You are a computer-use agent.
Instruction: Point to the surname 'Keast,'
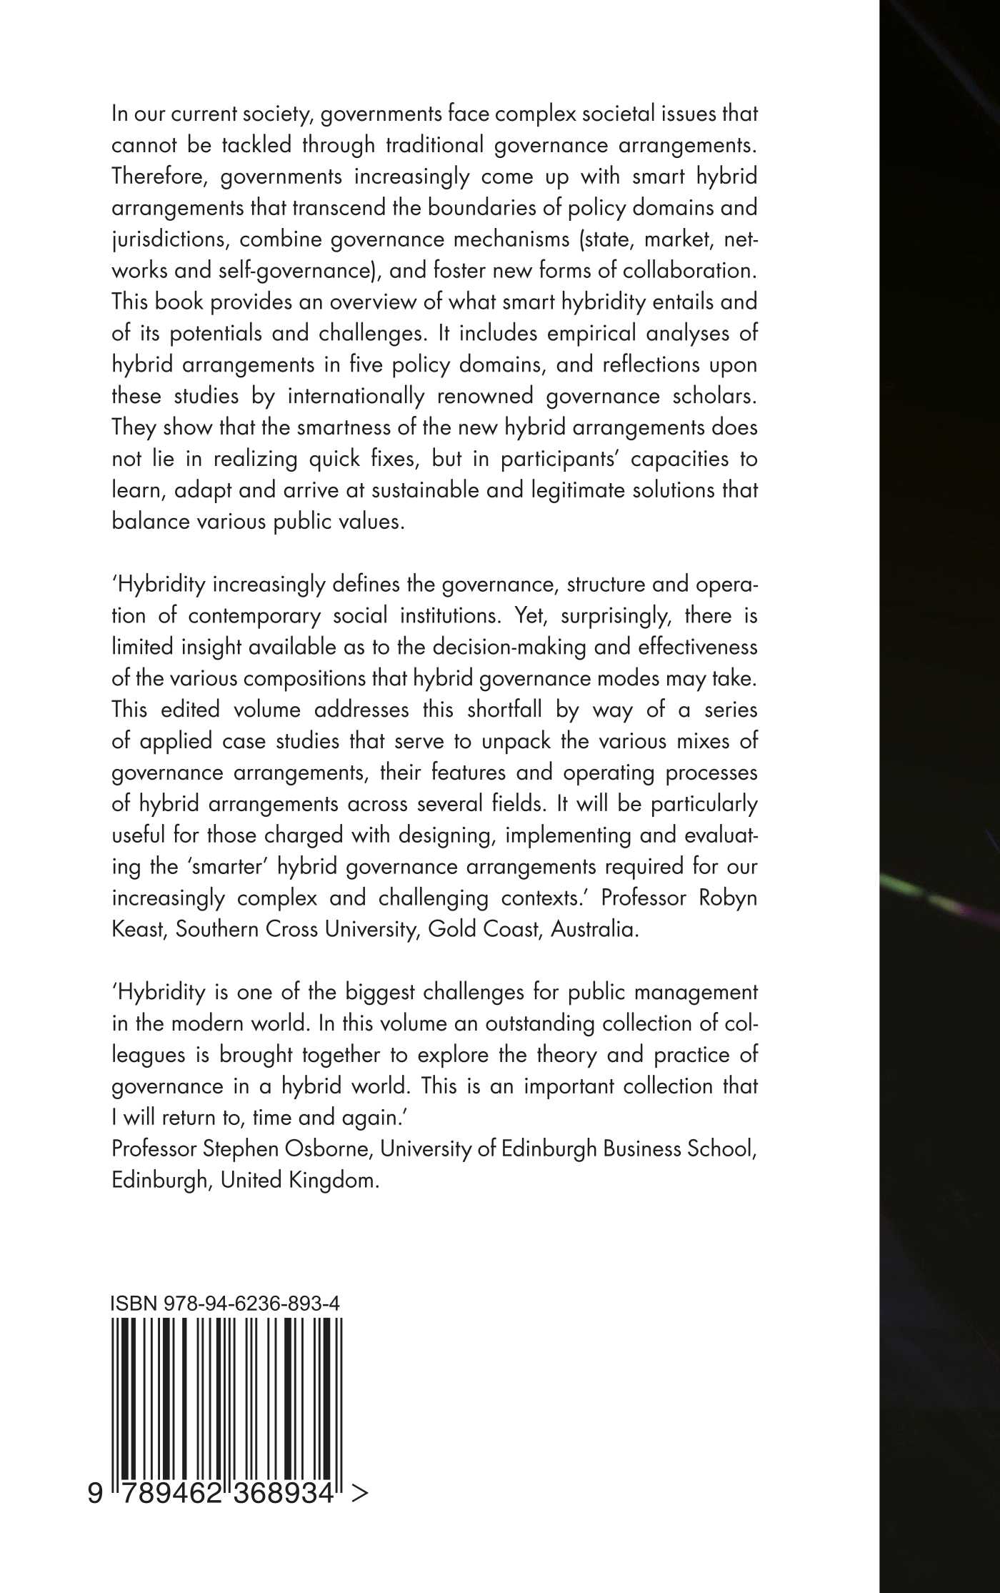[x=139, y=930]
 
